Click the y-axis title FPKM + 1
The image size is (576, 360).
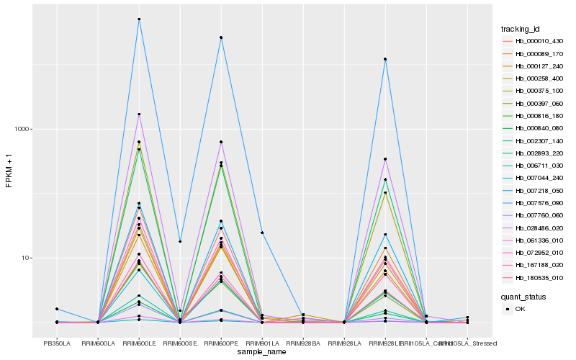9,171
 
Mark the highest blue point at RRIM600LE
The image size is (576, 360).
139,19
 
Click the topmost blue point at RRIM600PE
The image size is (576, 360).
221,37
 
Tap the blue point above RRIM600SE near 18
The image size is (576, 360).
180,241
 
